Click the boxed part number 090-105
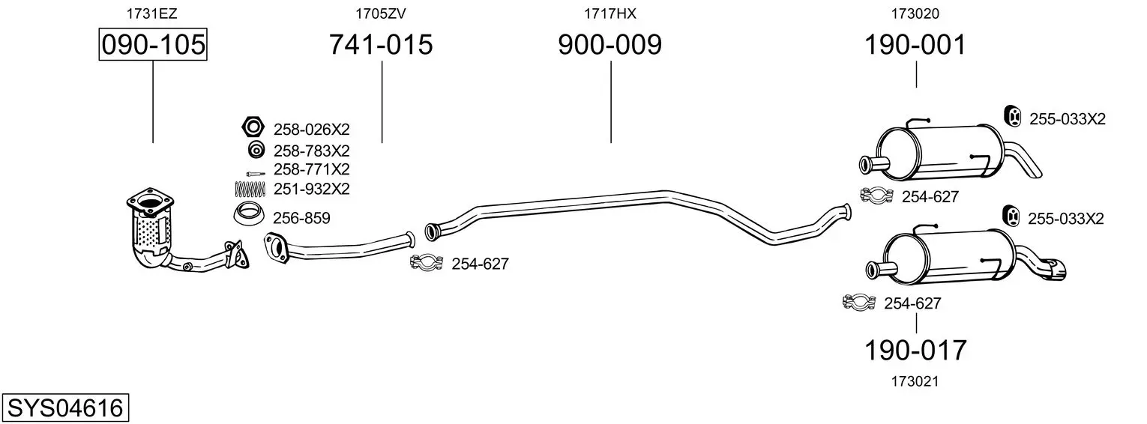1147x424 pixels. [x=153, y=44]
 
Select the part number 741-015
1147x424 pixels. [x=381, y=44]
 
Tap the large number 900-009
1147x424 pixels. [x=609, y=44]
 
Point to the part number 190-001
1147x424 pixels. [x=915, y=44]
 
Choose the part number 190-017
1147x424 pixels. [x=915, y=351]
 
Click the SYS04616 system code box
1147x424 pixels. [x=65, y=408]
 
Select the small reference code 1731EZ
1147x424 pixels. [x=152, y=13]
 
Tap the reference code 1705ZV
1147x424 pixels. [x=381, y=13]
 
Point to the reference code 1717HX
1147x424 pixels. [x=609, y=13]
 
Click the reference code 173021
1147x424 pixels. [x=915, y=381]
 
